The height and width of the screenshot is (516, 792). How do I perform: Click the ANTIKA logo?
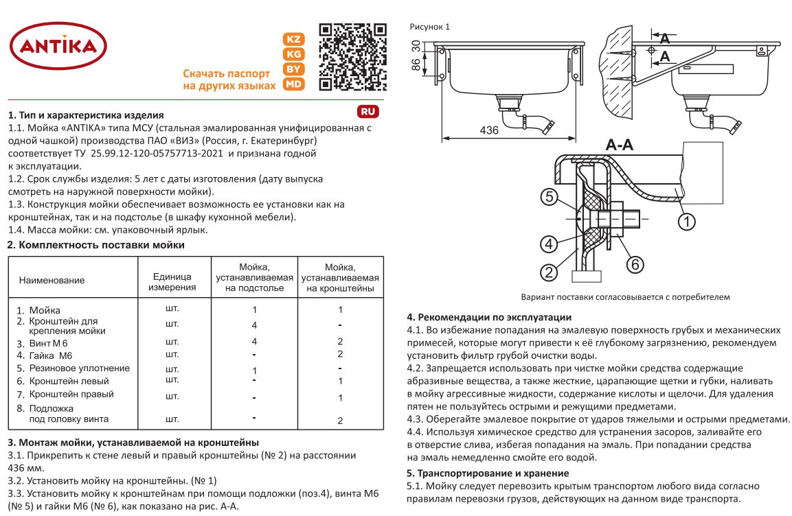tap(58, 47)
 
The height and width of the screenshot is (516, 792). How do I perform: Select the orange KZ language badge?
tap(294, 40)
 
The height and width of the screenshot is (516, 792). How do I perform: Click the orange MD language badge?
tap(294, 84)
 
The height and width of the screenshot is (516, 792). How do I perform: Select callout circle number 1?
tap(687, 221)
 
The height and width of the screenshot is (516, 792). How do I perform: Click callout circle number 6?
tap(635, 263)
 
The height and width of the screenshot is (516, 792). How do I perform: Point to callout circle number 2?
tap(548, 272)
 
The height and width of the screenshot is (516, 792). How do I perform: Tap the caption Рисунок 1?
tap(429, 27)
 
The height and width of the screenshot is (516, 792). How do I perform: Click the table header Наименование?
tap(52, 280)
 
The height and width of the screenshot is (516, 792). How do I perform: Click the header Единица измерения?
tap(172, 281)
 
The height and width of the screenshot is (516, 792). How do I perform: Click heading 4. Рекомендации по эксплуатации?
tap(488, 317)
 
